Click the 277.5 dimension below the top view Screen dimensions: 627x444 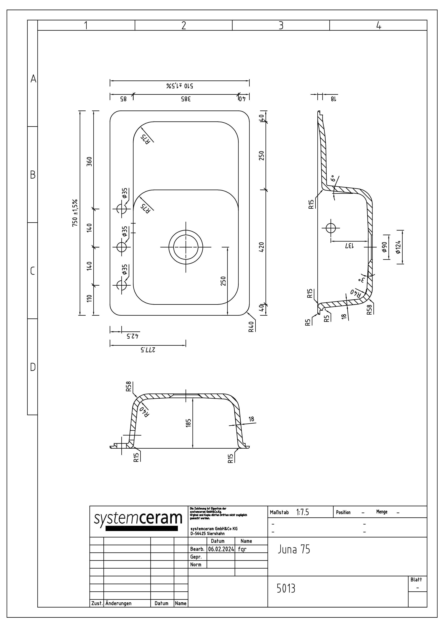148,350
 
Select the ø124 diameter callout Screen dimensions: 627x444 398,247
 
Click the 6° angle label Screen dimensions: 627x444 333,178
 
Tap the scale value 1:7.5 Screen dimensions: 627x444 302,512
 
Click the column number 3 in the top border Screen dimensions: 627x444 281,25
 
